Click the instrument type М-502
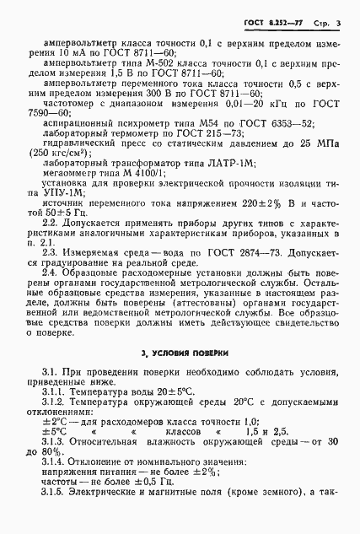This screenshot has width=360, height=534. point(157,62)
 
